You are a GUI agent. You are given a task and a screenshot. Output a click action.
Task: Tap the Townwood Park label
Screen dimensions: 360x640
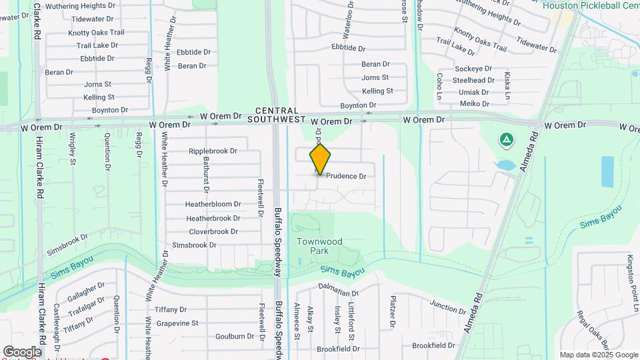pyautogui.click(x=319, y=246)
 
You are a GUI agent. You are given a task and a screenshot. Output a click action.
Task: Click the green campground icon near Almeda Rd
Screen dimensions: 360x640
pyautogui.click(x=506, y=140)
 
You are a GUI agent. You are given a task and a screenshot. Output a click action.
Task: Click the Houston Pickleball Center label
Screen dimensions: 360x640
pyautogui.click(x=591, y=5)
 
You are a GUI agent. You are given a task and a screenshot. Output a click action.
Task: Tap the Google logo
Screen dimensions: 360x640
pyautogui.click(x=22, y=351)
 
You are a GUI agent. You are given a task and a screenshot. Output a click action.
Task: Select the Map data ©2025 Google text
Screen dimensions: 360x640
pyautogui.click(x=598, y=355)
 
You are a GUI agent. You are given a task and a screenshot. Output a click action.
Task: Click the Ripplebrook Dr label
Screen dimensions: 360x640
pyautogui.click(x=213, y=151)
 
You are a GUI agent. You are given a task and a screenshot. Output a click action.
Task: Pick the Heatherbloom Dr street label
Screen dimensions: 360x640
pyautogui.click(x=213, y=204)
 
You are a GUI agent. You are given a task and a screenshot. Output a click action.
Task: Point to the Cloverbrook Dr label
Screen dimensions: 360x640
pyautogui.click(x=213, y=231)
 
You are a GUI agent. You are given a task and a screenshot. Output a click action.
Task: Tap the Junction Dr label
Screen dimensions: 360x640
pyautogui.click(x=448, y=307)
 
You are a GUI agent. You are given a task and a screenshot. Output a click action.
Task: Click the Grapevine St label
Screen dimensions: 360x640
pyautogui.click(x=177, y=323)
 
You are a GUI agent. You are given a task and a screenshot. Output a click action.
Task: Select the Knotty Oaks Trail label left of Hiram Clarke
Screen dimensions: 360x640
pyautogui.click(x=96, y=33)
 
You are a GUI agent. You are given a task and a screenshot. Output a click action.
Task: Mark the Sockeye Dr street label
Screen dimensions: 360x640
pyautogui.click(x=473, y=69)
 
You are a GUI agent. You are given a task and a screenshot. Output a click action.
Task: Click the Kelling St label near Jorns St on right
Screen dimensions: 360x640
pyautogui.click(x=377, y=91)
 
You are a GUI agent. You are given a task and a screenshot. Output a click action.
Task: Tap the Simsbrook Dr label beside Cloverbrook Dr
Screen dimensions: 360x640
pyautogui.click(x=195, y=245)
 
